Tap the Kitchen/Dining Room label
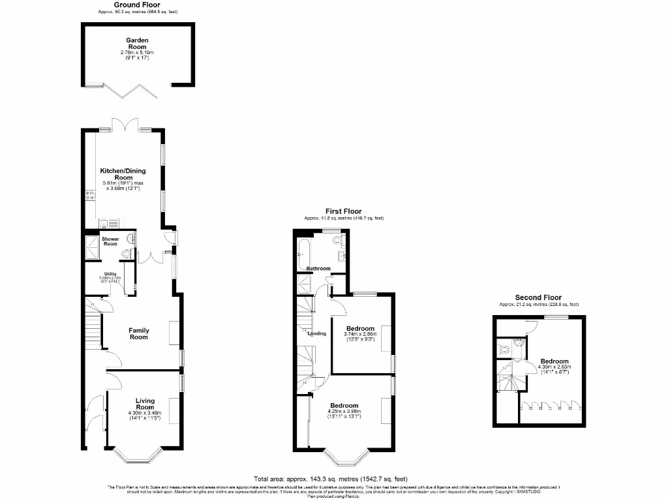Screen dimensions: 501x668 tap(123, 174)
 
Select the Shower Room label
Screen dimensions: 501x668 tap(110, 241)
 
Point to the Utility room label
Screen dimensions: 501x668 tap(109, 274)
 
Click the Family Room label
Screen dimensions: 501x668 tap(138, 333)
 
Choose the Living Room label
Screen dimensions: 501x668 tap(145, 404)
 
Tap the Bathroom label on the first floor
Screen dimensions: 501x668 tap(318, 269)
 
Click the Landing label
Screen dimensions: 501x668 tap(317, 333)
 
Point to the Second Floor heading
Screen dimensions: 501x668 tap(538, 297)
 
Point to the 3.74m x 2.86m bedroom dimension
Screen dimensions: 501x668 tap(360, 334)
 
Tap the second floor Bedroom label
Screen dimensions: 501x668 tap(554, 361)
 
